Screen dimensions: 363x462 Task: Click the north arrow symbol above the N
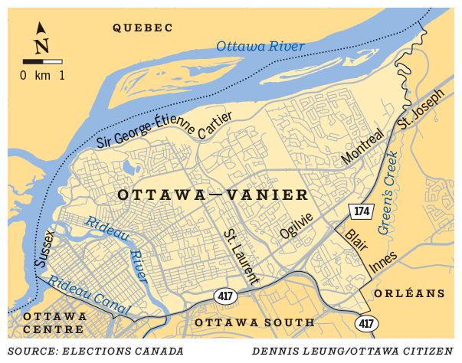tap(41, 28)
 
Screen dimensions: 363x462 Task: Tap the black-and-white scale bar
tap(42, 60)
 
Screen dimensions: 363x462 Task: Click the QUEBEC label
tap(143, 28)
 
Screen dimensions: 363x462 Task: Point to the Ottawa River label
tap(260, 46)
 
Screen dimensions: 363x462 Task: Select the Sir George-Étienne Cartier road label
tap(164, 129)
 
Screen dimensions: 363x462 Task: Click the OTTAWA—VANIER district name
tap(213, 195)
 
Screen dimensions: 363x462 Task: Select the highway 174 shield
tap(359, 210)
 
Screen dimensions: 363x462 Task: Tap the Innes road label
tap(382, 263)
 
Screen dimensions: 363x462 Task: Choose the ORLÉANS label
tap(409, 293)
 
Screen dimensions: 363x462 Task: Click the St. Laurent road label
tap(242, 254)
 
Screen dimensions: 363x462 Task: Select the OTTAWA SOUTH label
tap(254, 322)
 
